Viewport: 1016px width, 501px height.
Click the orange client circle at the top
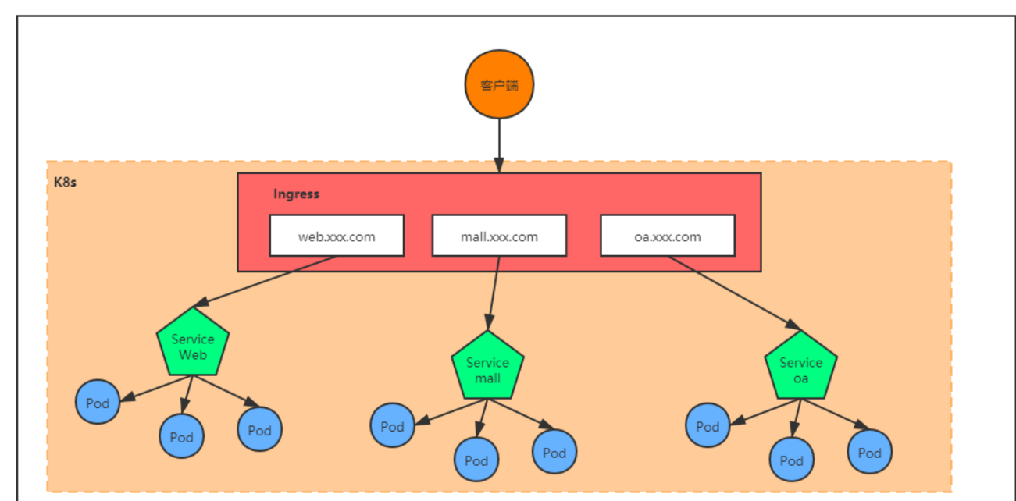pyautogui.click(x=499, y=84)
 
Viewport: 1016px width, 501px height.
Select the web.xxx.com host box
pyautogui.click(x=337, y=236)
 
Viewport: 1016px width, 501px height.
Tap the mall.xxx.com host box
pyautogui.click(x=499, y=236)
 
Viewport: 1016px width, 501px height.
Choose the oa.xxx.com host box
pyautogui.click(x=667, y=236)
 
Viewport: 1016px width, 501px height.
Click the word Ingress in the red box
pyautogui.click(x=296, y=194)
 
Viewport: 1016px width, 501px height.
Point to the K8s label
pyautogui.click(x=64, y=183)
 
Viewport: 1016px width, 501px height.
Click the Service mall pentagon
pyautogui.click(x=487, y=368)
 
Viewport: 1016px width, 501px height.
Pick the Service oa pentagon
pyautogui.click(x=800, y=368)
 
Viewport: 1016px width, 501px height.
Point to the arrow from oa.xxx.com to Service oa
pyautogui.click(x=730, y=289)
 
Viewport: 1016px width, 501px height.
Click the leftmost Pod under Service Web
pyautogui.click(x=98, y=403)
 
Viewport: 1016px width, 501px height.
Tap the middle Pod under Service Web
pyautogui.click(x=181, y=437)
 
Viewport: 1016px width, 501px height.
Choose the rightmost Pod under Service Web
pyautogui.click(x=259, y=430)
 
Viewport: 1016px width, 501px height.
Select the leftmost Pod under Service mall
pyautogui.click(x=392, y=426)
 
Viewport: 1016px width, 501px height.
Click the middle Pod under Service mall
pyautogui.click(x=476, y=460)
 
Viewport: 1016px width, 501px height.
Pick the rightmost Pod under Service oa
pyautogui.click(x=869, y=453)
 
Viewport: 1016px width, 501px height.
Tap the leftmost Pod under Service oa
pyautogui.click(x=708, y=426)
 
